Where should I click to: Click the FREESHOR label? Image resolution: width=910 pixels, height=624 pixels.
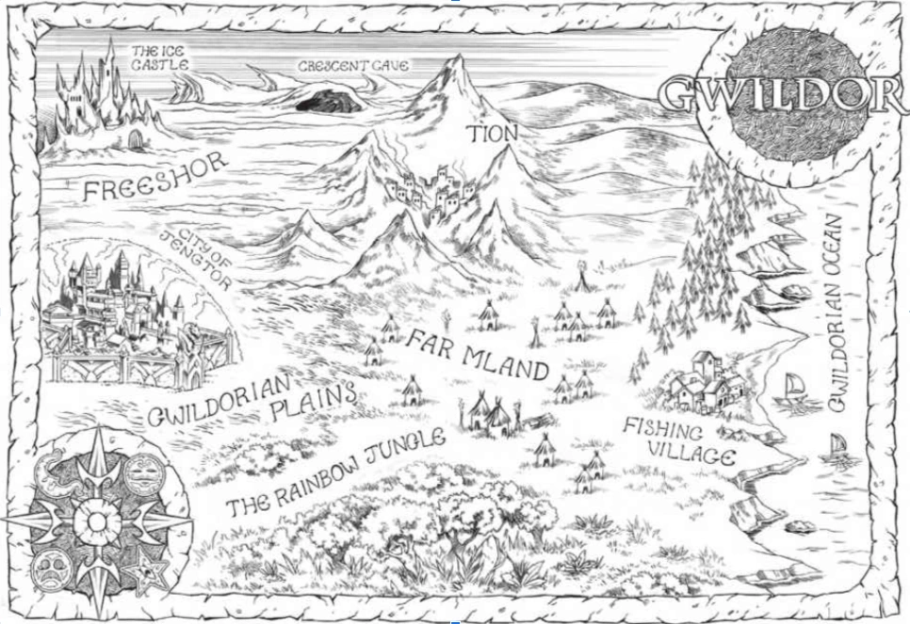coord(154,177)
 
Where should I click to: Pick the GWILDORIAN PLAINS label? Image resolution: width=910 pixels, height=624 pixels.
coord(254,401)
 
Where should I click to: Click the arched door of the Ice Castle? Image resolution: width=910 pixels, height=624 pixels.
coord(136,139)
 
